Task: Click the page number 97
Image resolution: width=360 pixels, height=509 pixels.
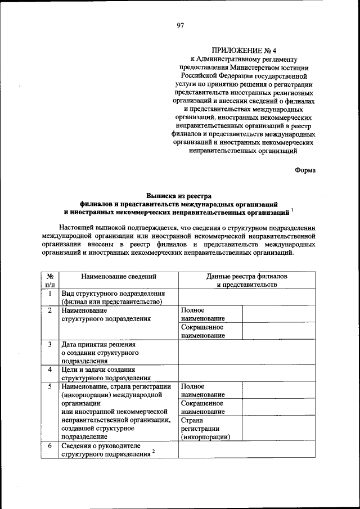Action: tap(180, 25)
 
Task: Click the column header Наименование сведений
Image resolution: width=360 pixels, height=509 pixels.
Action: tap(119, 276)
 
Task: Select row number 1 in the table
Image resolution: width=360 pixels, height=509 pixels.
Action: tap(50, 294)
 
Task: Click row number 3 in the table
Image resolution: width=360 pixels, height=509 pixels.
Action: tap(50, 344)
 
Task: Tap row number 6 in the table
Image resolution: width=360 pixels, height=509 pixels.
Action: tap(50, 445)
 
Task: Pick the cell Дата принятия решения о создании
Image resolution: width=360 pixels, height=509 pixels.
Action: tap(101, 353)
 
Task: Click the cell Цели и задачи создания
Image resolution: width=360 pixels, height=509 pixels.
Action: tap(98, 373)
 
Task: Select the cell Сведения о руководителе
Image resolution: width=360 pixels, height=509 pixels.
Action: tap(104, 449)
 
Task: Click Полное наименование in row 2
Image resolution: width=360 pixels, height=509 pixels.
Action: tap(202, 314)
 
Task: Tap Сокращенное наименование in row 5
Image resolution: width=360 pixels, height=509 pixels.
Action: tap(202, 407)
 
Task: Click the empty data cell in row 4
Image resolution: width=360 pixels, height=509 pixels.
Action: tap(247, 373)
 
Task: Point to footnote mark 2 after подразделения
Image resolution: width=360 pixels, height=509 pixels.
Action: tap(153, 452)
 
